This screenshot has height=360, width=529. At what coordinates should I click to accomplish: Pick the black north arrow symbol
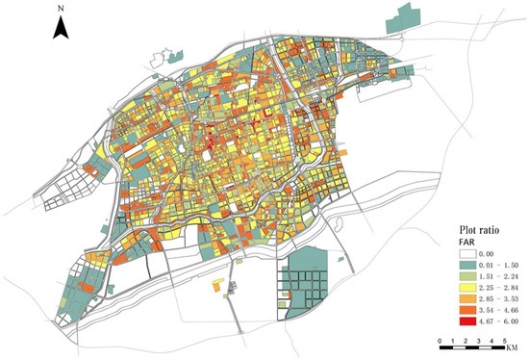point(60,31)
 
